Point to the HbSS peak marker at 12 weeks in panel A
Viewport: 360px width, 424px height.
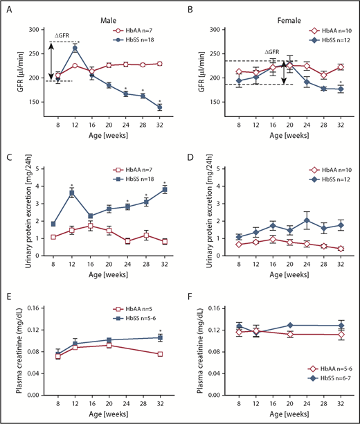coord(75,48)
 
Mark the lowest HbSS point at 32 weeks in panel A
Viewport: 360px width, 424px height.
coord(159,107)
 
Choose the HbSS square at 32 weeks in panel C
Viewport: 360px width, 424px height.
coord(159,189)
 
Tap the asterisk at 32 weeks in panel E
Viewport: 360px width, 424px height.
coord(159,331)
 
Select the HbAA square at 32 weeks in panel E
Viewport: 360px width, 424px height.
coord(159,354)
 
